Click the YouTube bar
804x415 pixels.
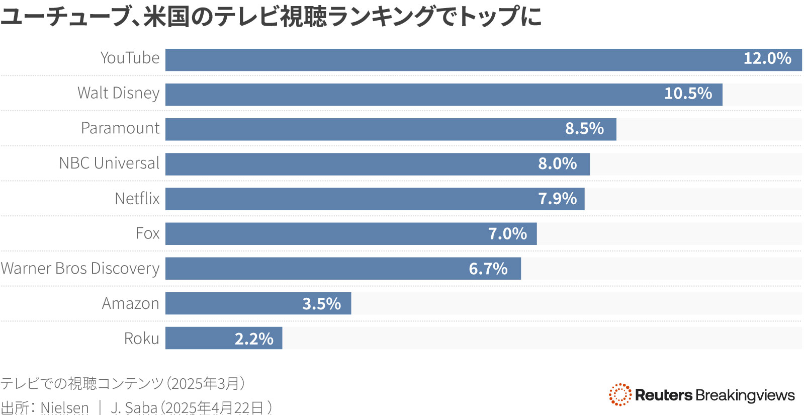coord(453,60)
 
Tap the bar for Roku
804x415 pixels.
coord(201,338)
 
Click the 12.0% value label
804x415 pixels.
coord(767,58)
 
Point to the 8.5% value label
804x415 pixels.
coord(584,128)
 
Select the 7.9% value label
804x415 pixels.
coord(557,199)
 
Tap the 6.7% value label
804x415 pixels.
coord(488,269)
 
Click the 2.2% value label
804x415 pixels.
coord(254,339)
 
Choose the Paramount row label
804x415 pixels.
coord(120,128)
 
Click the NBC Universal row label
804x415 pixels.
coord(109,163)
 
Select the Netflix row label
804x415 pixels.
coord(137,199)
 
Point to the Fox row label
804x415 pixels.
coord(147,233)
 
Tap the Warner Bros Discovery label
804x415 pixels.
coord(80,269)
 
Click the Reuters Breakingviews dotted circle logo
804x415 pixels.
coord(619,394)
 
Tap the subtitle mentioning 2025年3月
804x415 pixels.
coord(123,383)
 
